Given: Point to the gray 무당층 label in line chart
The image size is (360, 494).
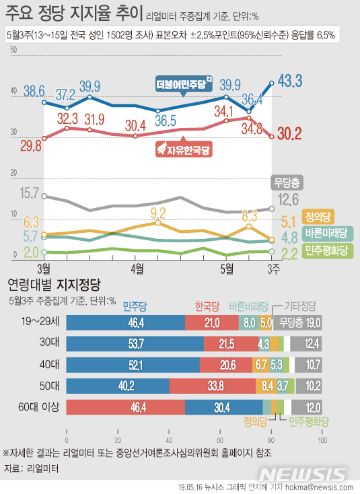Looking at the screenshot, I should pos(286,182).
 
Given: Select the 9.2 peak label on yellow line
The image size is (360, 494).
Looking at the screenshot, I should pos(158,213).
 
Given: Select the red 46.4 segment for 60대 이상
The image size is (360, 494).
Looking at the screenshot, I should pos(126,407).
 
